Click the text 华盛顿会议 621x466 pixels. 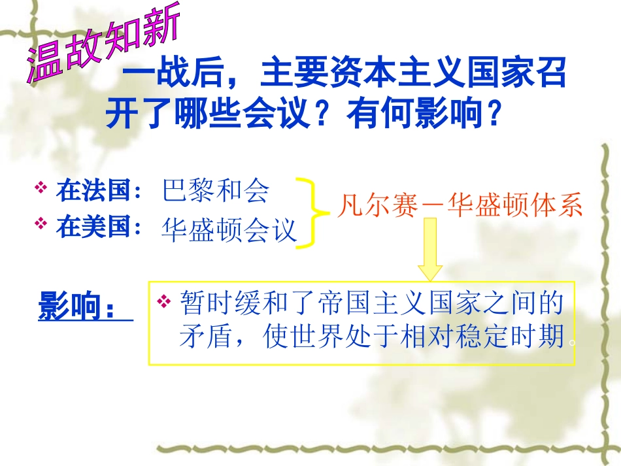[x=229, y=231]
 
